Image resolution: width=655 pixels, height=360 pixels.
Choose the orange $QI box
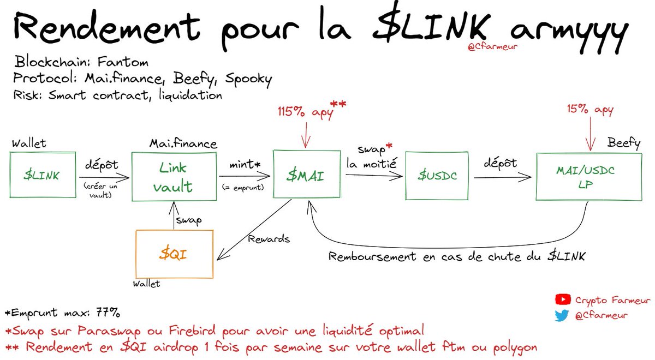(x=175, y=254)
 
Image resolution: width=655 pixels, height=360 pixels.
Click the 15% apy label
(x=591, y=110)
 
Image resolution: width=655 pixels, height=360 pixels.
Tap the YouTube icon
(x=562, y=299)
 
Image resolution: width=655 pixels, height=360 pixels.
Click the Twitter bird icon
(x=562, y=315)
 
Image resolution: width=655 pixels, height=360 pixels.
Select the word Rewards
(x=269, y=239)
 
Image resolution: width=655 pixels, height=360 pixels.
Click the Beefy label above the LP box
(x=624, y=143)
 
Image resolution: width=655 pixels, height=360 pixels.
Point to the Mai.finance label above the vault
(x=183, y=144)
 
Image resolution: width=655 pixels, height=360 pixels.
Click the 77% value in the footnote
(x=106, y=314)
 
